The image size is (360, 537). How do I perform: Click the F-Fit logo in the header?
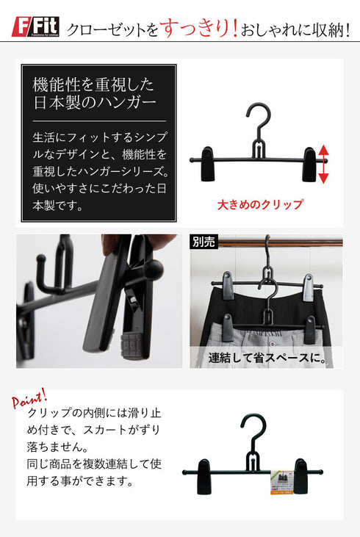coord(35,29)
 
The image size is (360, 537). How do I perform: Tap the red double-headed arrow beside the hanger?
coord(324,162)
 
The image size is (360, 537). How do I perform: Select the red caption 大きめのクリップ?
coord(259,205)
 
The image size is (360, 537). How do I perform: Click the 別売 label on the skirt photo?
coord(204,242)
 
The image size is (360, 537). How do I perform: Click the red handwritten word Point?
coord(29,399)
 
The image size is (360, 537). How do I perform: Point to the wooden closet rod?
coord(279,242)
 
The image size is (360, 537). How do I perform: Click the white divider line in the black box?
coord(99,120)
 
